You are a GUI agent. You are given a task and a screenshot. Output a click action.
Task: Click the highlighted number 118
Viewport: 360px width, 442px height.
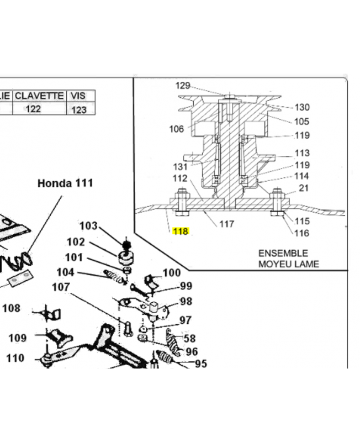(181, 231)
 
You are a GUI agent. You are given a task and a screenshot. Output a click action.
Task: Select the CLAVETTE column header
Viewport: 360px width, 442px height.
(39, 96)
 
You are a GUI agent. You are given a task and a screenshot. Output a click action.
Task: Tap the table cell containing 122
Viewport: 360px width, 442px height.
(33, 109)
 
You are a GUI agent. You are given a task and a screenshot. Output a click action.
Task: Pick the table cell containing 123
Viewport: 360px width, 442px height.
(79, 109)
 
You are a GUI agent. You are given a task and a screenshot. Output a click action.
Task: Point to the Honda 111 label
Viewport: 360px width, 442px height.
(65, 183)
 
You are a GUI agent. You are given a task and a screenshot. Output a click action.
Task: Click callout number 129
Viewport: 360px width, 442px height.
(183, 86)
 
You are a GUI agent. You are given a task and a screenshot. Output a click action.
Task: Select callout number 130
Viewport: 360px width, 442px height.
(302, 107)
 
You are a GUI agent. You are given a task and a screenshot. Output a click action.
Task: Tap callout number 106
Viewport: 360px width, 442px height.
(176, 129)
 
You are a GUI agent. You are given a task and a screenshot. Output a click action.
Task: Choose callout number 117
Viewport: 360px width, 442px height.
(227, 224)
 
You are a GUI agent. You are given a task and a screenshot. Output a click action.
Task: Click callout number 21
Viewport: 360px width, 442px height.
(303, 188)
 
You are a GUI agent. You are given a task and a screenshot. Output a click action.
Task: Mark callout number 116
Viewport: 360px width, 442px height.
(301, 233)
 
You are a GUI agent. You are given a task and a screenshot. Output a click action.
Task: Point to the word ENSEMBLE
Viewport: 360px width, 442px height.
(283, 253)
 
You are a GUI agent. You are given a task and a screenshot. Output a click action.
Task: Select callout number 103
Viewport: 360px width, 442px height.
(88, 226)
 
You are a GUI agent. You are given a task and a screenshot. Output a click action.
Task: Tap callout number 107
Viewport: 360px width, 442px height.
(61, 287)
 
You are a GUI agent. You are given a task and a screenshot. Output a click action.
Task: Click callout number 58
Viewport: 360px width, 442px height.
(189, 338)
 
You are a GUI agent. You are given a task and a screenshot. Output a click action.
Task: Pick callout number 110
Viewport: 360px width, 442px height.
(15, 358)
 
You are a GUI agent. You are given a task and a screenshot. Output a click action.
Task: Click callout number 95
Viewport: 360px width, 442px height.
(201, 364)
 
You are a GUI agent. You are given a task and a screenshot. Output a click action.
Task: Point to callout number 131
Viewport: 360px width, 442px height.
(181, 167)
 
